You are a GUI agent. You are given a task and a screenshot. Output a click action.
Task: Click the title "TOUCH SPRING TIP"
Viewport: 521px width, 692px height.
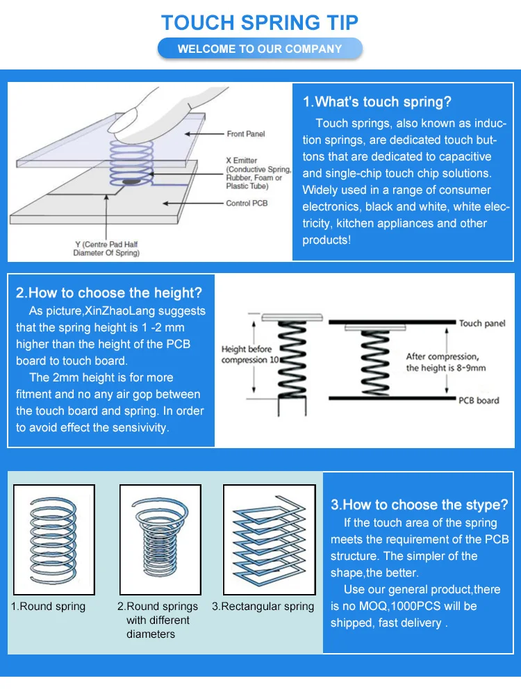click(260, 22)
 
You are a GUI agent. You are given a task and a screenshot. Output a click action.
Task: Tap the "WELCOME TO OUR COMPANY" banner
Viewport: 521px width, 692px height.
click(260, 49)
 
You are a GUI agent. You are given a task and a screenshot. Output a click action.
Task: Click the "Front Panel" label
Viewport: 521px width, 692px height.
click(245, 133)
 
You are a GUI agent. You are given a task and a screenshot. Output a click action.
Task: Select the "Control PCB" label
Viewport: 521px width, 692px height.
click(246, 204)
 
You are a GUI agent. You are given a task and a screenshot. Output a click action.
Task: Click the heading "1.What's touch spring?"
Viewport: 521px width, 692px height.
click(377, 102)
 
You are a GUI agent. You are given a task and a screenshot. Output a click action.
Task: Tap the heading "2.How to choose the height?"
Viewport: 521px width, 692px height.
click(109, 293)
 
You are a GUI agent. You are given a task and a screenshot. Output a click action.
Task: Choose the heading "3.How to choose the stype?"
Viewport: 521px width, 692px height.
click(420, 504)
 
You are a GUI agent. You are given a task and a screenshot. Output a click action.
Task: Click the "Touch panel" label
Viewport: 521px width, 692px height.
click(479, 323)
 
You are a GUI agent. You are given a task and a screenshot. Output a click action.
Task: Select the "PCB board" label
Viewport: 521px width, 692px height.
click(478, 400)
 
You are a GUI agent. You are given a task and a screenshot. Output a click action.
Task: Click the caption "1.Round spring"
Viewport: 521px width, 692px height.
click(49, 607)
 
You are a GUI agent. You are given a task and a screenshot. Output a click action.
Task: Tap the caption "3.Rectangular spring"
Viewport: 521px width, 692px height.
click(263, 607)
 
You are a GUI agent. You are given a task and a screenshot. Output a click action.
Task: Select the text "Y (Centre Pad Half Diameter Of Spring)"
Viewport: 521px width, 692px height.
click(106, 249)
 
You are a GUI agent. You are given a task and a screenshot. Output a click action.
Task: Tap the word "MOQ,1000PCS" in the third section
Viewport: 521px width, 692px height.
click(398, 607)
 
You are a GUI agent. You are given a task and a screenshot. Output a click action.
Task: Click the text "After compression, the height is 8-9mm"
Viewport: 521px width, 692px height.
click(442, 362)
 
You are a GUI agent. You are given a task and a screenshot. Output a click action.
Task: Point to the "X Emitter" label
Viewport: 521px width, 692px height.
click(241, 160)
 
